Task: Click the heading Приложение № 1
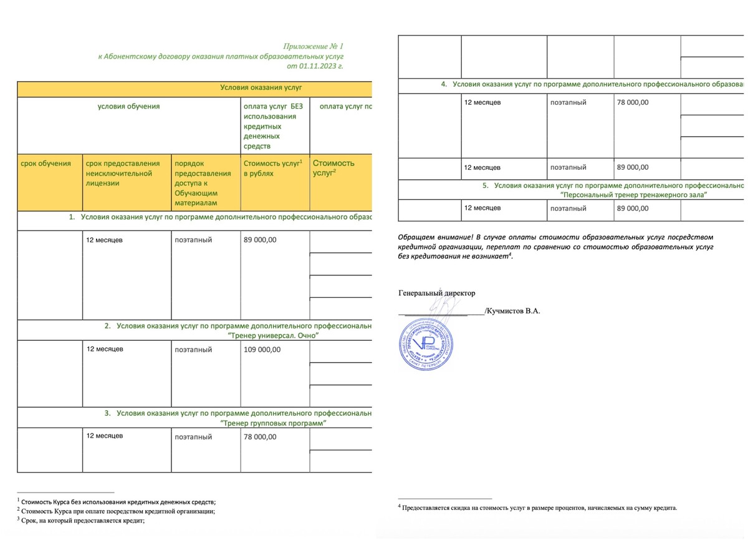[x=314, y=46]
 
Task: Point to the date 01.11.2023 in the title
[x=320, y=65]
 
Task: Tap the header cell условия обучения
[x=129, y=106]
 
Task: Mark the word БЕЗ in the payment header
[x=297, y=106]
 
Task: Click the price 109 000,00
[x=262, y=350]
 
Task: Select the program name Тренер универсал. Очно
[x=275, y=336]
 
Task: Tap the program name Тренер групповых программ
[x=275, y=423]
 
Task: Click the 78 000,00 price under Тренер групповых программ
[x=260, y=437]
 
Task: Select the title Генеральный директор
[x=436, y=293]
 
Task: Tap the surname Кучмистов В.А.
[x=514, y=310]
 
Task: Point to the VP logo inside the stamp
[x=428, y=343]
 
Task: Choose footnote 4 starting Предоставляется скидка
[x=539, y=508]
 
